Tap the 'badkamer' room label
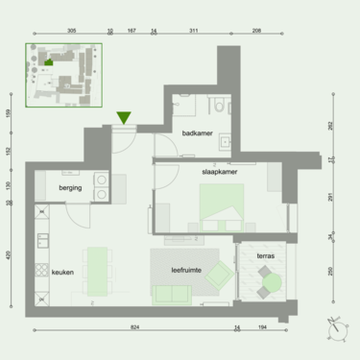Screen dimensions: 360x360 [x=198, y=133]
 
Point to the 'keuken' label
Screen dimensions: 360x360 [x=63, y=272]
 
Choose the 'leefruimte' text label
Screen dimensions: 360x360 [x=186, y=271]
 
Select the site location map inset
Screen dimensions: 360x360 [x=59, y=73]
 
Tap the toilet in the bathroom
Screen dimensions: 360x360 [x=221, y=105]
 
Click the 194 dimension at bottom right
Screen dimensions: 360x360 [x=262, y=327]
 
